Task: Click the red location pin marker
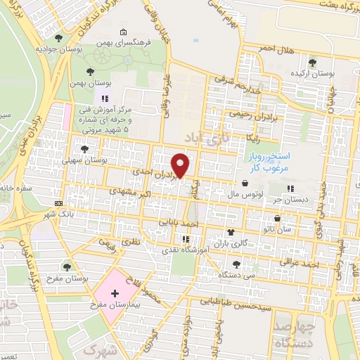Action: click(x=181, y=165)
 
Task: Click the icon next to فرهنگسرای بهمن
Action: click(x=124, y=32)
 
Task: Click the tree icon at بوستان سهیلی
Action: click(x=84, y=149)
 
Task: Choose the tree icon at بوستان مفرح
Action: click(x=67, y=265)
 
